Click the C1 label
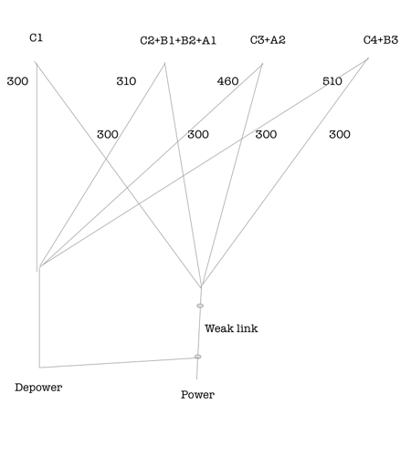tap(36, 37)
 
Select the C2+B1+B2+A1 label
tap(178, 40)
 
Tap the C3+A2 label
tap(268, 40)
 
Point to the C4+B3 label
tap(381, 40)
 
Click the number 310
tap(126, 81)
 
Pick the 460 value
tap(227, 81)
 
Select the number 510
tap(332, 81)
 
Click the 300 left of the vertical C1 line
tap(17, 81)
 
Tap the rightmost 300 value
tap(340, 134)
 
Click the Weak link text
tap(231, 328)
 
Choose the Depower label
tap(38, 388)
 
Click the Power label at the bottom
tap(197, 395)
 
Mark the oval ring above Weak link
tap(200, 306)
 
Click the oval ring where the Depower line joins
tap(197, 357)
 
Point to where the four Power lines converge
tap(201, 287)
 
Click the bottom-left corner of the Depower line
tap(39, 368)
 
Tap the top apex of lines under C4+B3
tap(368, 58)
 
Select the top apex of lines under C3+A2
tap(262, 64)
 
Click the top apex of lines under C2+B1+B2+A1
tap(164, 64)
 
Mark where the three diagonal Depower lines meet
tap(40, 267)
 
